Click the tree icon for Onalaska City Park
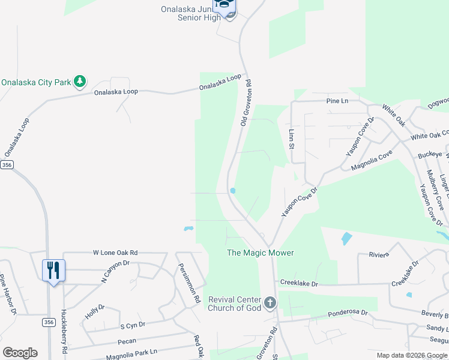point(79,82)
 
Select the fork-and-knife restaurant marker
point(53,270)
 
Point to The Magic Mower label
point(260,253)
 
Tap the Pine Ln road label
point(337,101)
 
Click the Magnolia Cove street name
point(372,160)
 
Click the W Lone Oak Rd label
point(115,253)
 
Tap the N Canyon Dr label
point(115,271)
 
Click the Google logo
point(20,353)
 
